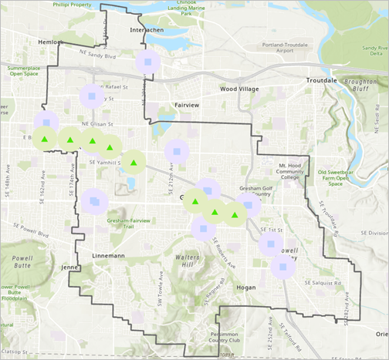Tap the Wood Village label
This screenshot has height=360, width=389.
[x=238, y=89]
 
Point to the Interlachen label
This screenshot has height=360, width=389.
[x=144, y=32]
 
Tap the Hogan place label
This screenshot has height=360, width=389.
[x=246, y=285]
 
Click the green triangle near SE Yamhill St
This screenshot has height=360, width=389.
[x=134, y=163]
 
